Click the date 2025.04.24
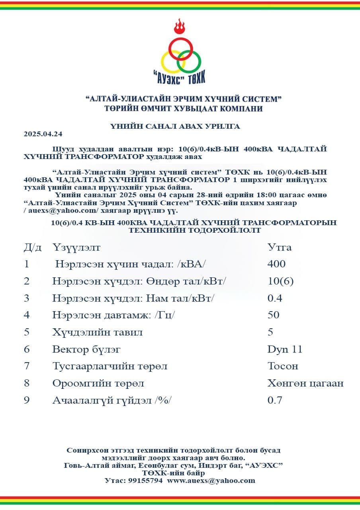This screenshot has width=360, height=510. pyautogui.click(x=43, y=134)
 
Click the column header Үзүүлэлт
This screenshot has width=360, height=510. pyautogui.click(x=76, y=247)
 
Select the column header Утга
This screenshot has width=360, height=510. pyautogui.click(x=280, y=247)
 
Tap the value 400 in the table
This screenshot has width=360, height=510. pyautogui.click(x=276, y=264)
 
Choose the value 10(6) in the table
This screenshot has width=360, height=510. pyautogui.click(x=280, y=281)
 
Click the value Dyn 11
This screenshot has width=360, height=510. pyautogui.click(x=285, y=349)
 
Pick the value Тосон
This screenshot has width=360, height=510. pyautogui.click(x=283, y=366)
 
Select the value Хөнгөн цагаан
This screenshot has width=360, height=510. pyautogui.click(x=305, y=383)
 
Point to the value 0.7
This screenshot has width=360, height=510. pyautogui.click(x=275, y=400)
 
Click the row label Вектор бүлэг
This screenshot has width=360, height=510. pyautogui.click(x=86, y=349)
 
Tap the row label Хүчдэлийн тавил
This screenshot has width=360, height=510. pyautogui.click(x=97, y=332)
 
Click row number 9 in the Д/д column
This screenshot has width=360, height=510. pyautogui.click(x=27, y=400)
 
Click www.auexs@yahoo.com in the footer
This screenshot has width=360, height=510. pyautogui.click(x=211, y=481)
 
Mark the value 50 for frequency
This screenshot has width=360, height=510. pyautogui.click(x=274, y=315)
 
